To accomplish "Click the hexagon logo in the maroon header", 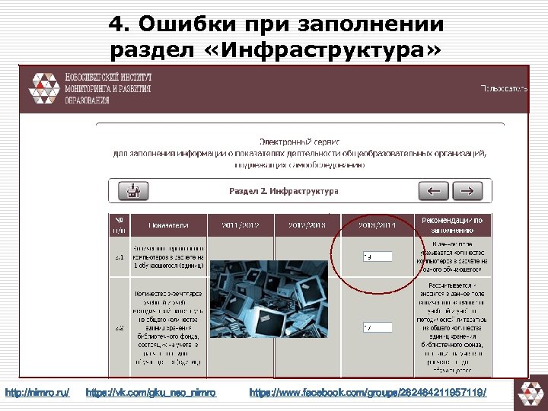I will [x=43, y=88].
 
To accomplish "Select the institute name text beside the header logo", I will [x=108, y=88].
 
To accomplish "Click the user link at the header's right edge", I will [x=502, y=88].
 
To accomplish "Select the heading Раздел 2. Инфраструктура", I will [x=283, y=191].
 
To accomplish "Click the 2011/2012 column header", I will [x=240, y=225].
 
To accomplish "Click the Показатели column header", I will [x=168, y=225].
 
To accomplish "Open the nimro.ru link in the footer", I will [x=37, y=393].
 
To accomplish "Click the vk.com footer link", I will [x=151, y=393].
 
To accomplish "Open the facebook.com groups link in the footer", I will [x=368, y=393].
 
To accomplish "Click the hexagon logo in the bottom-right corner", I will [x=530, y=393].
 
